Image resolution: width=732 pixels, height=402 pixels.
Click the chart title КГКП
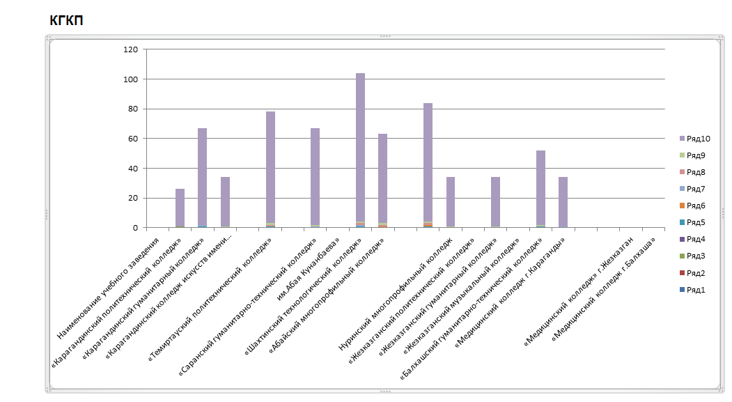pos(66,21)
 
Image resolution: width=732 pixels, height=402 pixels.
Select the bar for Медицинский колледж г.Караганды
pos(563,202)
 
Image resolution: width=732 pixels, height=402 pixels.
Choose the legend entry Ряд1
pos(696,290)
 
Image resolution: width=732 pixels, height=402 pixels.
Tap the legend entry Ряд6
pos(696,206)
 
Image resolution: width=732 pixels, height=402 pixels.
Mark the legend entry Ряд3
pos(696,256)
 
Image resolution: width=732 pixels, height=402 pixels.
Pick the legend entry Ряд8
pos(696,172)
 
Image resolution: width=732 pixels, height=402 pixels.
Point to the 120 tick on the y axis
pos(131,49)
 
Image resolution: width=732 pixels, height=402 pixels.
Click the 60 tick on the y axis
pos(133,139)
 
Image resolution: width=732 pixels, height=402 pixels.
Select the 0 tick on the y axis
pos(135,228)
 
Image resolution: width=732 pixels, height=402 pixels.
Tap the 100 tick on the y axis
pos(131,79)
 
